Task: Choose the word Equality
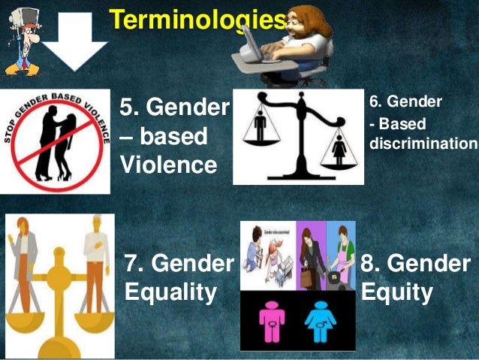tap(170, 292)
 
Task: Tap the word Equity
tap(397, 292)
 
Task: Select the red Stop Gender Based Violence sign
tap(55, 140)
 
